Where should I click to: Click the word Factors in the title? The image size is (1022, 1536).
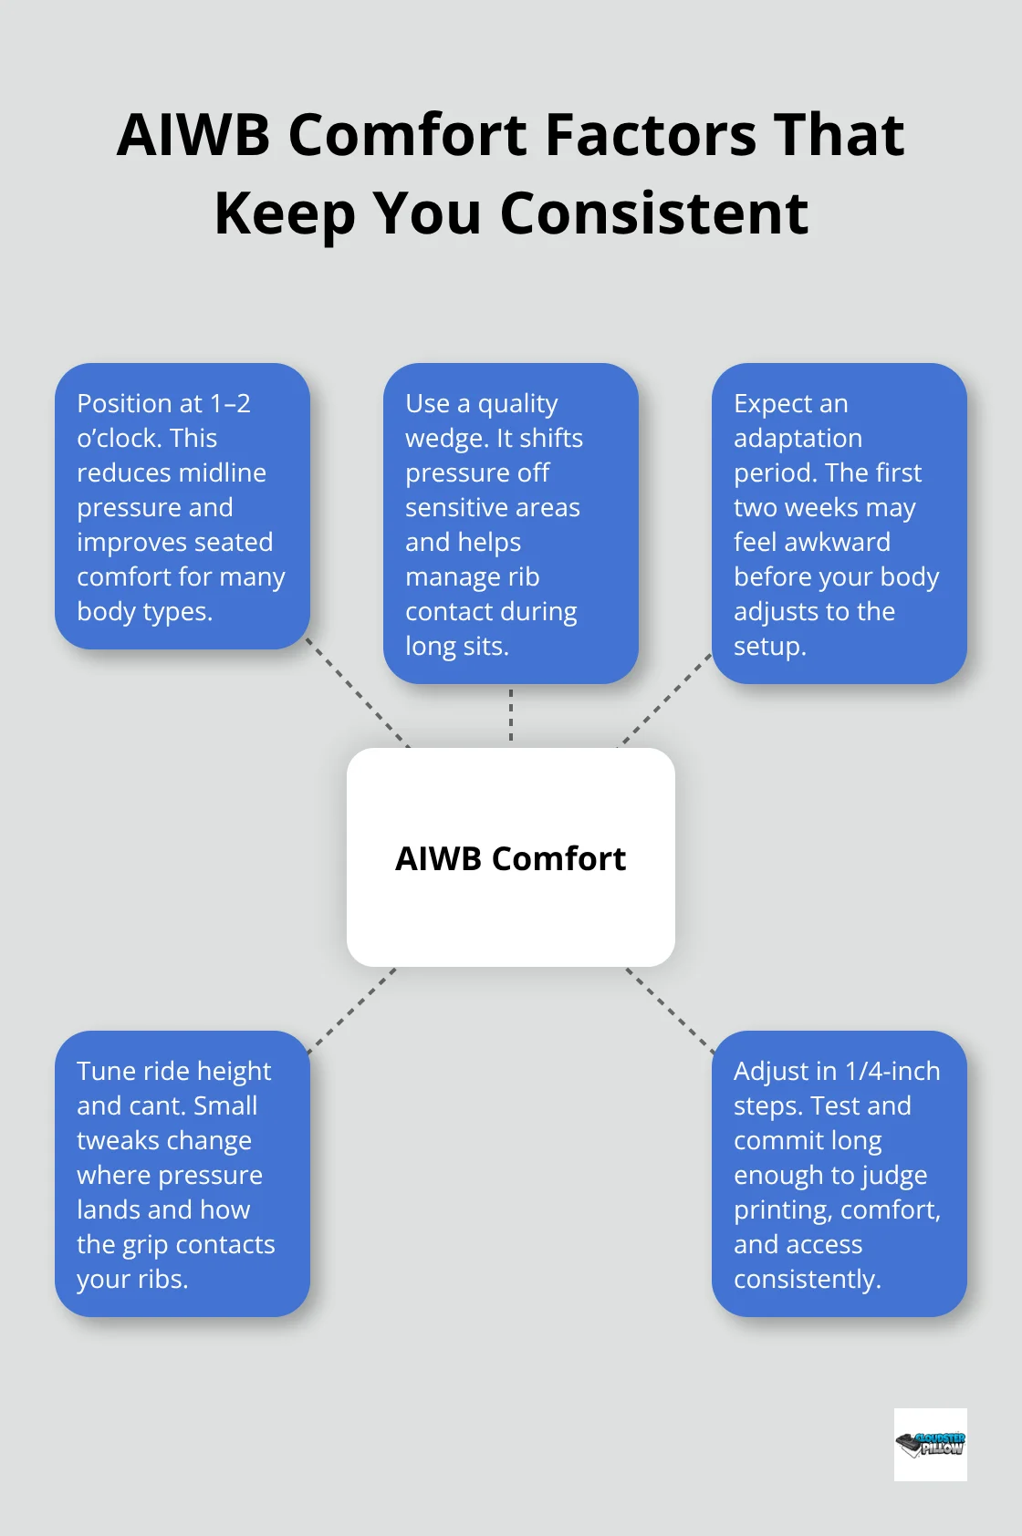coord(651,135)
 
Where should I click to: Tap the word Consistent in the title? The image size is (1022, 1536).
coord(653,213)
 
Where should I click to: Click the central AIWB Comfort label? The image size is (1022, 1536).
coord(510,858)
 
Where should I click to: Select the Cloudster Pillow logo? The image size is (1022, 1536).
coord(930,1444)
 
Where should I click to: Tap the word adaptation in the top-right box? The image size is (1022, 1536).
coord(798,439)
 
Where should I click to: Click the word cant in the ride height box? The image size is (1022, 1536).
coord(155,1106)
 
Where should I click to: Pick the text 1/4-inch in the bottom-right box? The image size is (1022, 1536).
coord(892,1072)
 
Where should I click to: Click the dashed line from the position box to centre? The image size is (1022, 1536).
coord(357,692)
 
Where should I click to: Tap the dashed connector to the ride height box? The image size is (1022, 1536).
coord(353,1010)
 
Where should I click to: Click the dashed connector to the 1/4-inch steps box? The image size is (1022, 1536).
coord(670,1010)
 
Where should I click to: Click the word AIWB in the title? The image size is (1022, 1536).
coord(193,135)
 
